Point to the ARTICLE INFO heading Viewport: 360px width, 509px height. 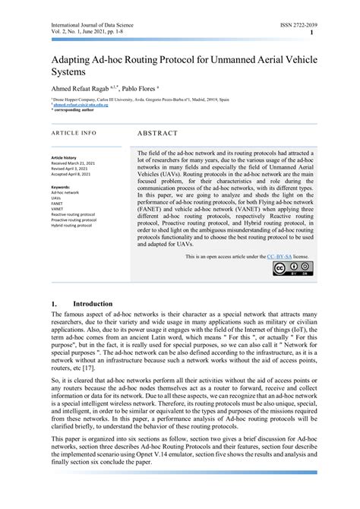coord(74,133)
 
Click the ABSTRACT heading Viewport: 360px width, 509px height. coord(157,133)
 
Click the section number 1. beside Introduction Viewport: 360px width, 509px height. coord(54,305)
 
